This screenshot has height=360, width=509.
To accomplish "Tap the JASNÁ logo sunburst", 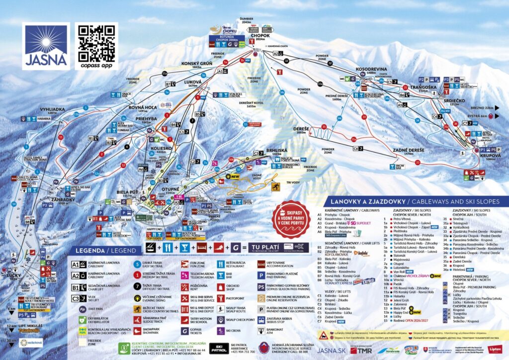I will click(46, 40).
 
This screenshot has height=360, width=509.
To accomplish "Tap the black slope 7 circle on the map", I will click(192, 121).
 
